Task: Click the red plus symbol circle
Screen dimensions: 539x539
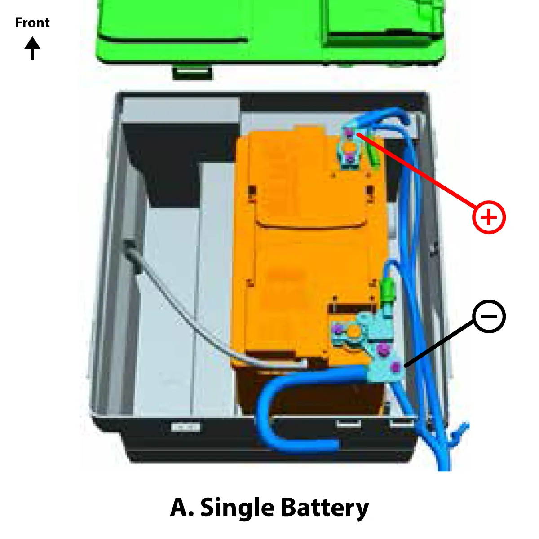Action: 489,217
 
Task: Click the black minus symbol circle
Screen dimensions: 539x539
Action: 489,317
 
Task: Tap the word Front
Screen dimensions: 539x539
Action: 32,22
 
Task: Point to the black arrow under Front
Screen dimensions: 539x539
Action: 32,48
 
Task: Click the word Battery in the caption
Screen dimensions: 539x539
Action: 325,508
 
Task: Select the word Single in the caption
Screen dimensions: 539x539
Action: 238,508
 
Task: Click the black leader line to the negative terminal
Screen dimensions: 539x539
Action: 438,344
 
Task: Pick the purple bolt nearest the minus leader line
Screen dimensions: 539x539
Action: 395,368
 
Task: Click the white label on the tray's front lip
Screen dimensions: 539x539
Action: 186,426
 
